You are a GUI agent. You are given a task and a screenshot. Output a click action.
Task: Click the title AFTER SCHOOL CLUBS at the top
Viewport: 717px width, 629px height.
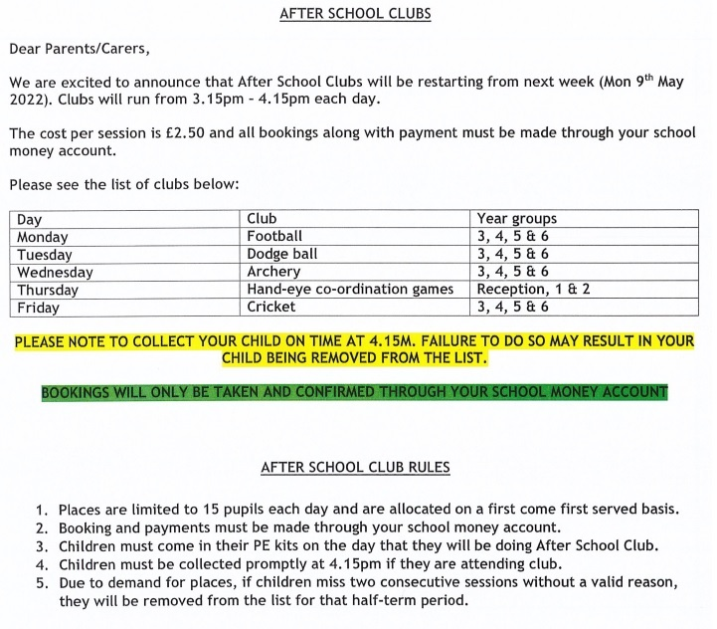(x=355, y=15)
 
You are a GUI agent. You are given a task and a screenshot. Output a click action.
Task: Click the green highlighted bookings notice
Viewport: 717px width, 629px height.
(x=354, y=392)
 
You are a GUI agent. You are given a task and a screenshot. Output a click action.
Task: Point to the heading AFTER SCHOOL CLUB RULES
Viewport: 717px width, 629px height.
(x=355, y=467)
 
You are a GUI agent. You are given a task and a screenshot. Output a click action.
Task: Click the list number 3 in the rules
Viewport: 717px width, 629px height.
(x=42, y=546)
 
